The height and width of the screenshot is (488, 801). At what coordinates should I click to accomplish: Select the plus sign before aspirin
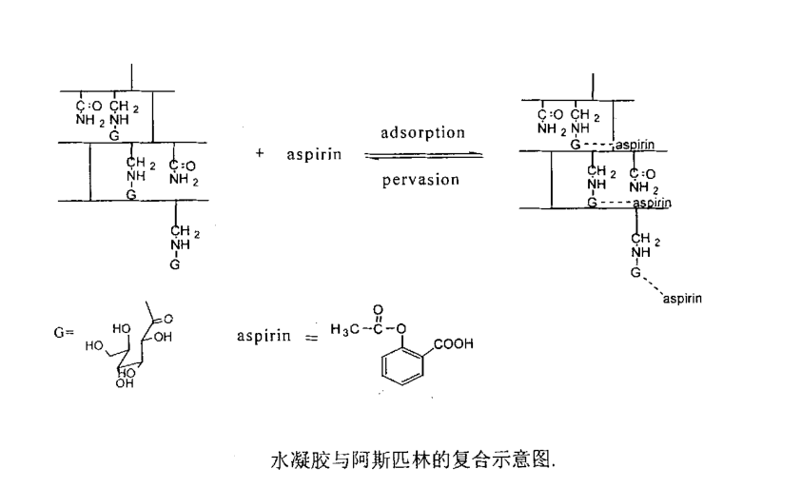click(259, 154)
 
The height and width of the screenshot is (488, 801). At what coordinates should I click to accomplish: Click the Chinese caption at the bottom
click(412, 460)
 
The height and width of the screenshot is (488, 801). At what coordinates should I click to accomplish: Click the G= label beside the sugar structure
click(64, 334)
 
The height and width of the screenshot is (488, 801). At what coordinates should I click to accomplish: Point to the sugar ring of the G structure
click(124, 352)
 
